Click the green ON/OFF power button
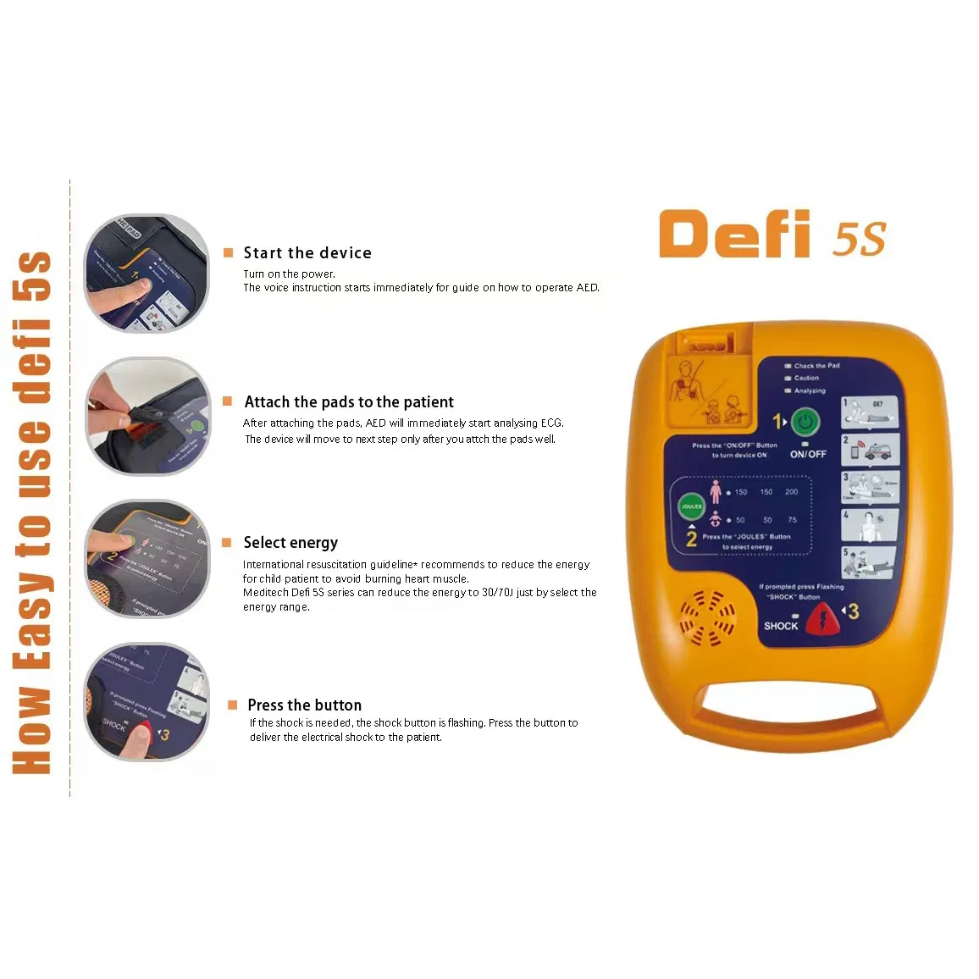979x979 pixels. pos(805,422)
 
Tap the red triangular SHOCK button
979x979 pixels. pos(821,620)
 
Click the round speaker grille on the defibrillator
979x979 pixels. pos(707,618)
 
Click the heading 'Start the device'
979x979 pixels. pos(307,253)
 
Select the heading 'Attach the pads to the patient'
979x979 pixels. pos(349,402)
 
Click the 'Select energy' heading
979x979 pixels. pos(290,543)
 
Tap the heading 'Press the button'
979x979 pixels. pos(304,705)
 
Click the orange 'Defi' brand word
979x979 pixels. pos(734,235)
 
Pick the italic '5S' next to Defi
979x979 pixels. pos(860,240)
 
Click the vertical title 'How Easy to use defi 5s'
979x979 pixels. pos(33,512)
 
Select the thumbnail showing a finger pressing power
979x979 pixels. pos(147,274)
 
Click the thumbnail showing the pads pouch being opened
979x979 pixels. pos(147,416)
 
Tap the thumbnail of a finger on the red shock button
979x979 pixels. pos(147,702)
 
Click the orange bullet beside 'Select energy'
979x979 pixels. pos(227,543)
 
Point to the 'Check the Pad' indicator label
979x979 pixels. pos(816,366)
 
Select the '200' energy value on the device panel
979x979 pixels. pos(791,492)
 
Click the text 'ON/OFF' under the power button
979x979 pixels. pos(808,455)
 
